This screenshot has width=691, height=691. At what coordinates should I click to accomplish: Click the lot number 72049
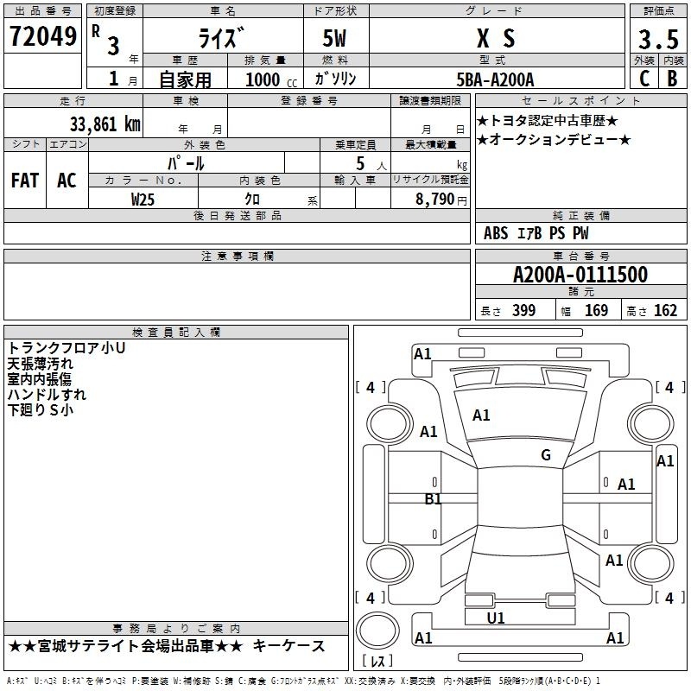(42, 36)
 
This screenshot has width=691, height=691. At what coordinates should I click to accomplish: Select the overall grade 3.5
(658, 39)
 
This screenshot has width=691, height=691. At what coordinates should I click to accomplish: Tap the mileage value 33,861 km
(105, 124)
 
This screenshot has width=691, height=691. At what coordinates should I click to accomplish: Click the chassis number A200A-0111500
(580, 275)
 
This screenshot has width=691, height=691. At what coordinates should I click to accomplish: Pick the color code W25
(143, 200)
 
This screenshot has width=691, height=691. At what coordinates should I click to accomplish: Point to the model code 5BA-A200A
(495, 79)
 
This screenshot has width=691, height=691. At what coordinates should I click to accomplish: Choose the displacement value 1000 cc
(271, 79)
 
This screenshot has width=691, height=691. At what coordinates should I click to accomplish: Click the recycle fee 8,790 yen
(441, 200)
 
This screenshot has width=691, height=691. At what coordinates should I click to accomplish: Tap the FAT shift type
(25, 181)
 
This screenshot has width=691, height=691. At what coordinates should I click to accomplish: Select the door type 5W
(334, 38)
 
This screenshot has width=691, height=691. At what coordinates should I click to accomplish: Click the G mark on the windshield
(546, 455)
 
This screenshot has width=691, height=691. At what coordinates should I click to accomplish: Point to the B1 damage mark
(433, 499)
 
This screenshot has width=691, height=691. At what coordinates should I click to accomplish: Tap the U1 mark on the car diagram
(495, 618)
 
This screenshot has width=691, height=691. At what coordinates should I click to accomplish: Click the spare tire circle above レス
(377, 631)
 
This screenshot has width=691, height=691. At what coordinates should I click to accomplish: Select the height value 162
(665, 310)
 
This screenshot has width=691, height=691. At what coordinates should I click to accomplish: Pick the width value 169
(596, 310)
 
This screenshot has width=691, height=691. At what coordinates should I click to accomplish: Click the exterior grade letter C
(644, 79)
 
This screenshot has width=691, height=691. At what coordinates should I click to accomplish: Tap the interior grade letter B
(672, 79)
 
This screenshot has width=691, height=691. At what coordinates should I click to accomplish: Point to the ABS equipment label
(496, 233)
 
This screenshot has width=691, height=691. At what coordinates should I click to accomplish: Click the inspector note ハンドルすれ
(47, 395)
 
